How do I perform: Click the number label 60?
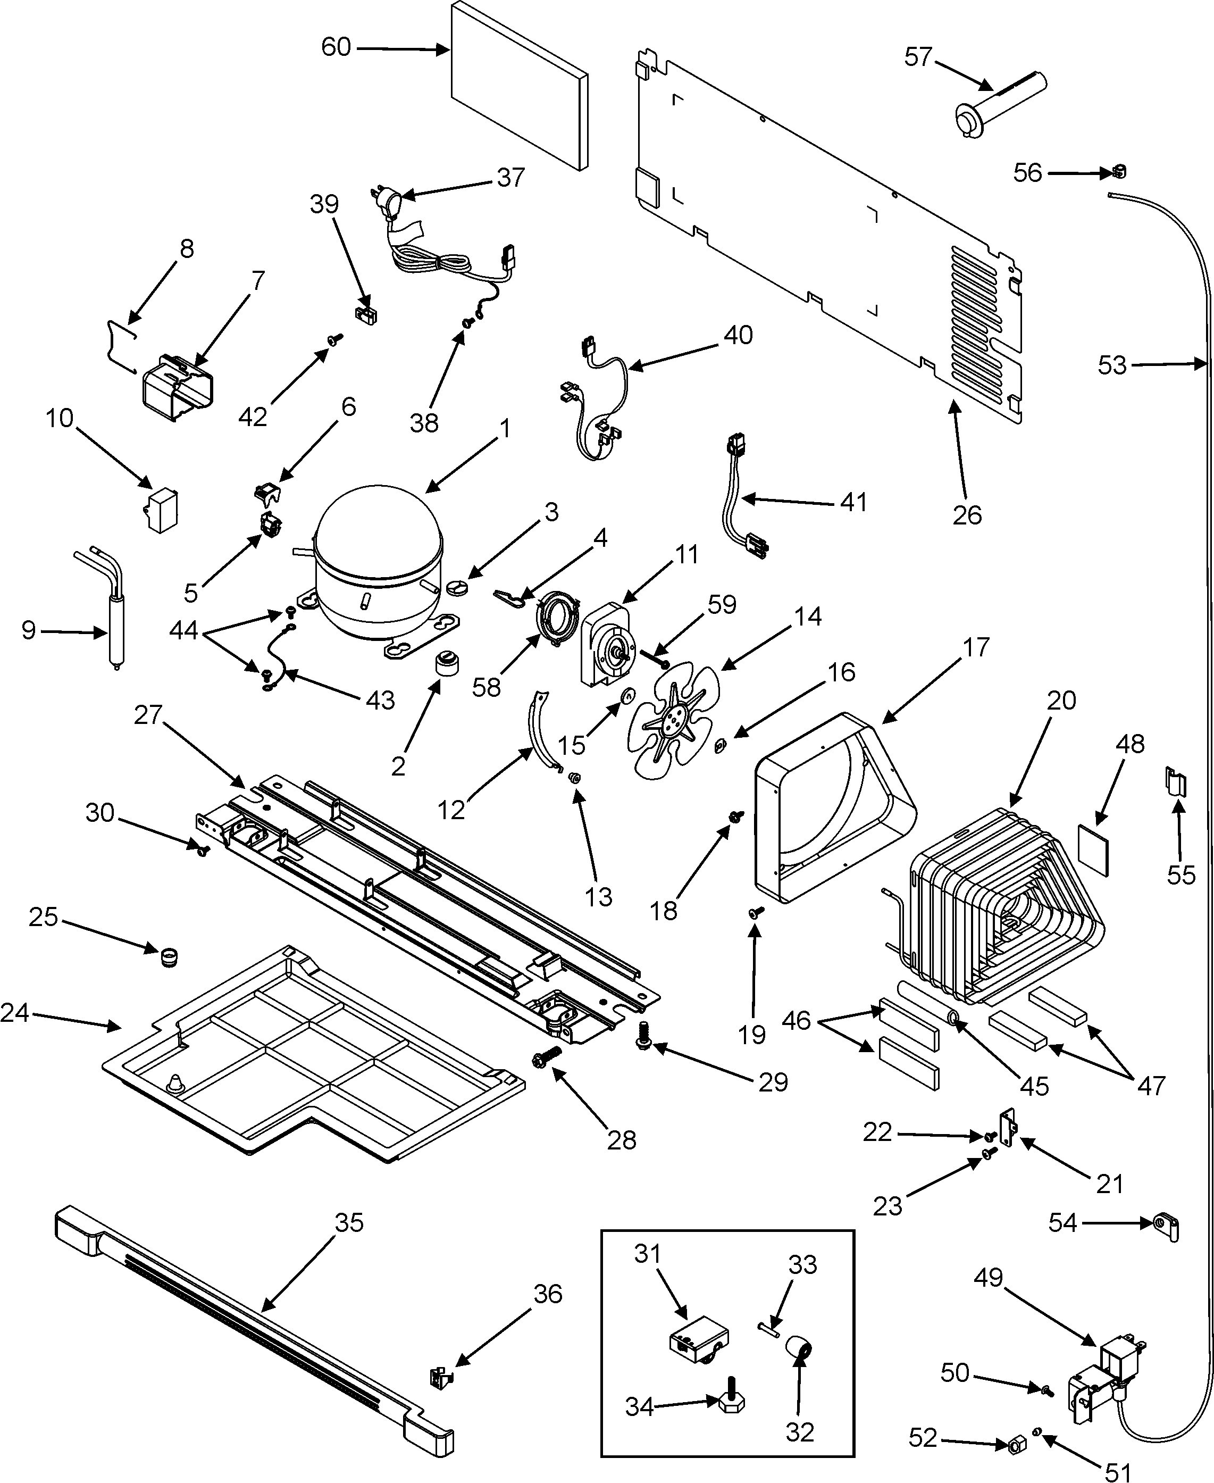point(336,47)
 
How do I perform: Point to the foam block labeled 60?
point(517,84)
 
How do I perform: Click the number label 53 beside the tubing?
point(1111,365)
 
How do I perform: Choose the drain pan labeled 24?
point(315,1056)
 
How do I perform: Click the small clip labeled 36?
point(441,1377)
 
